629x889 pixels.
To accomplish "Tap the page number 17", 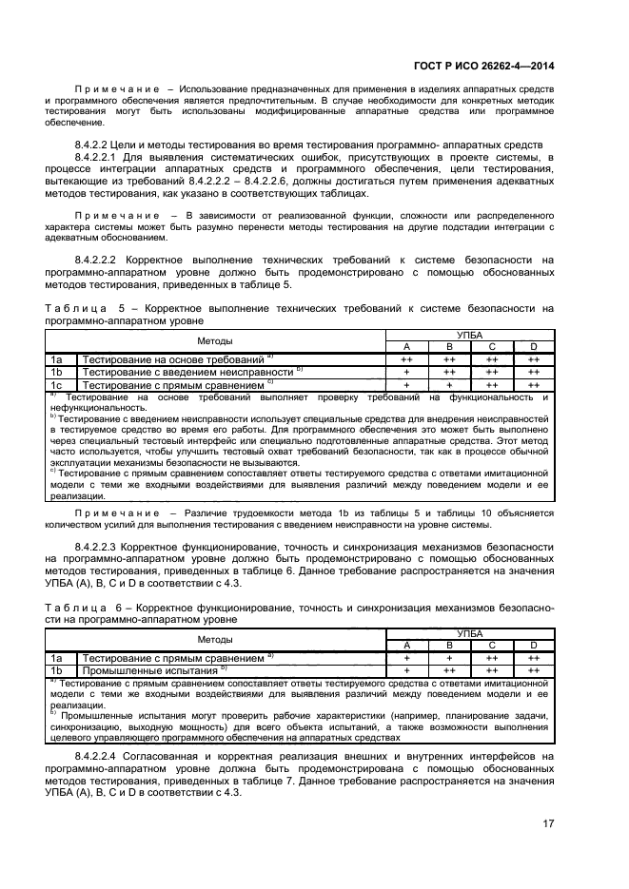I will point(548,823).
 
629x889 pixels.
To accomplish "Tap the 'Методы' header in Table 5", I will point(215,340).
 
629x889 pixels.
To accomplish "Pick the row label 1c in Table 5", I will point(57,385).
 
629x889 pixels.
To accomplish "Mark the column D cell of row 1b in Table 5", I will point(534,373).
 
